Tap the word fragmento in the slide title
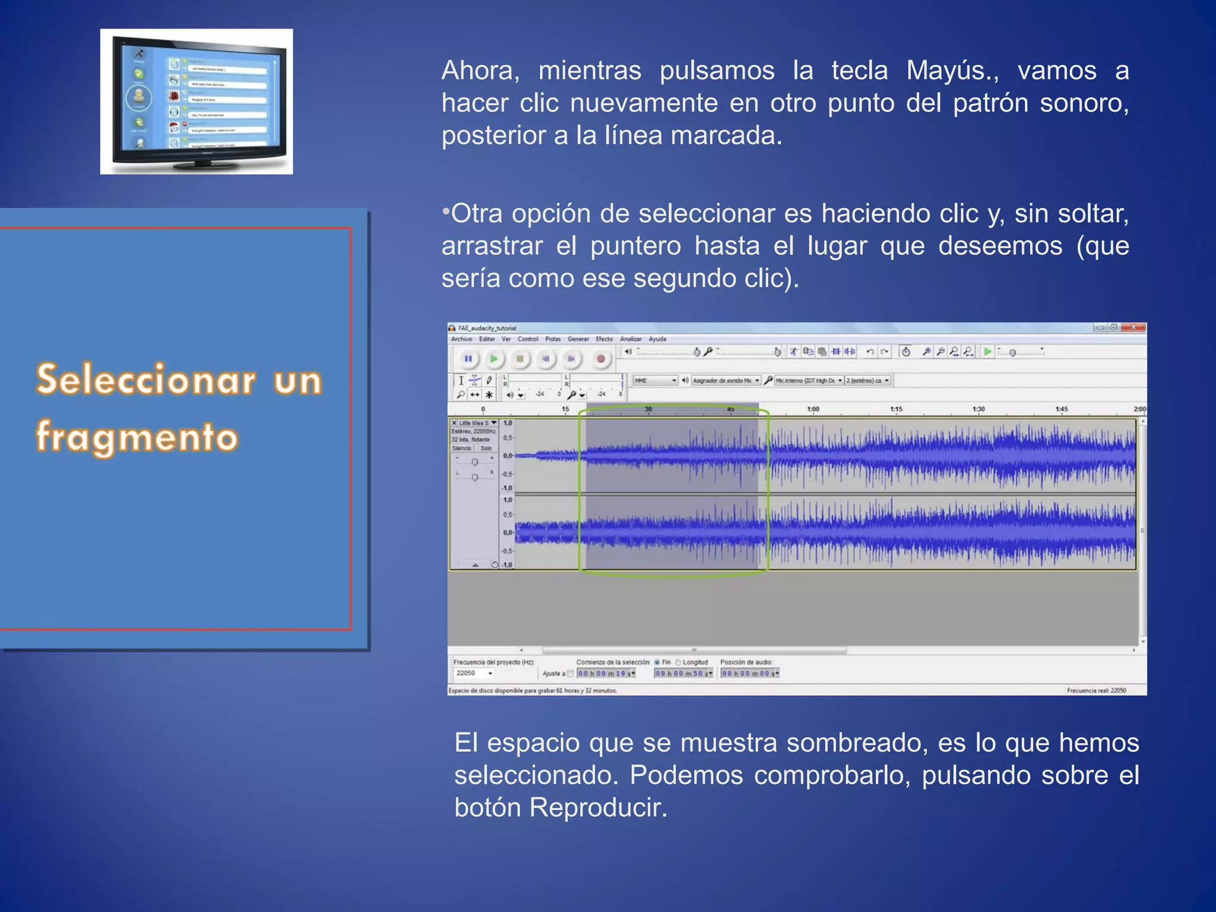coord(137,437)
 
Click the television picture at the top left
coord(197,102)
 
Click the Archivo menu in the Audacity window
coord(461,339)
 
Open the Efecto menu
coord(604,339)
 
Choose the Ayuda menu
coord(657,339)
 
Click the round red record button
coord(600,359)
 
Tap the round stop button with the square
coord(520,359)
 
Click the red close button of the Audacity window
coord(1133,327)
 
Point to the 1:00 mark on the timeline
coord(813,409)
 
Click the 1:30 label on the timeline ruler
coord(978,409)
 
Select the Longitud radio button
coord(678,663)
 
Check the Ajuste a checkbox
coord(571,673)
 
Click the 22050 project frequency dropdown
coord(474,673)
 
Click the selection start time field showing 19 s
coord(606,673)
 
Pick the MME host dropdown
coord(655,381)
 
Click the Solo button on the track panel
coord(486,448)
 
